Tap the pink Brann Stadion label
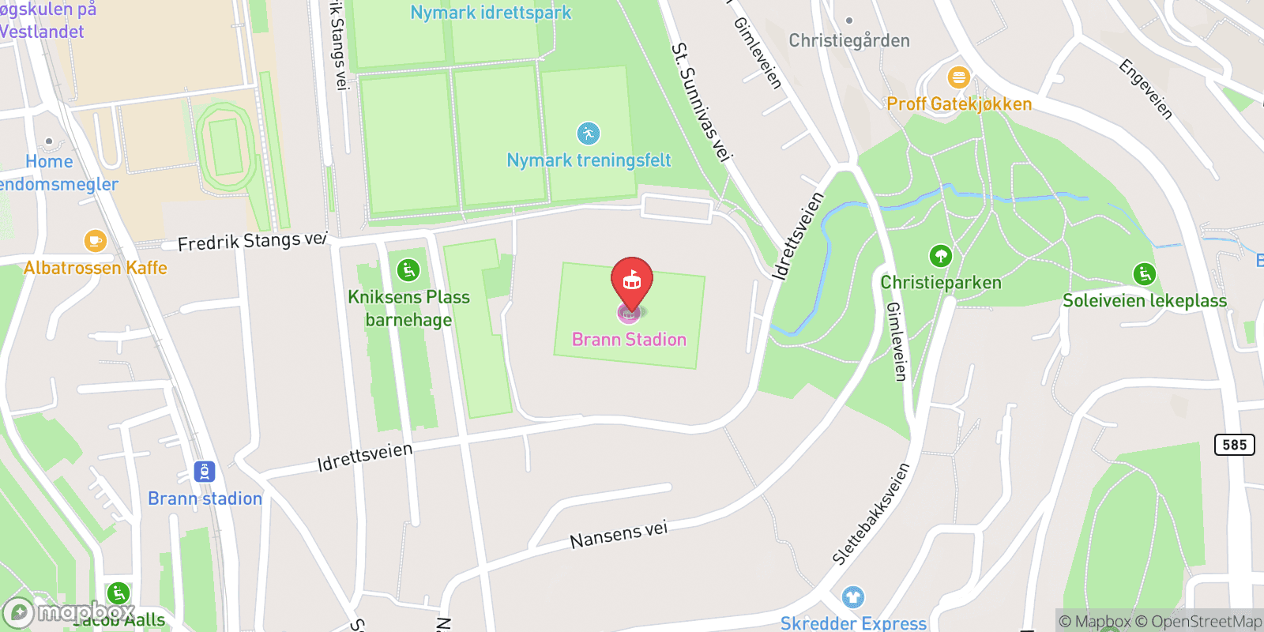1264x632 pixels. pyautogui.click(x=629, y=340)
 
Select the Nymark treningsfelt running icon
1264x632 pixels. pyautogui.click(x=588, y=134)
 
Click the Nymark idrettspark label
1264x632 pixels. pyautogui.click(x=491, y=13)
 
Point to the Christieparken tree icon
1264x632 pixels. pyautogui.click(x=940, y=256)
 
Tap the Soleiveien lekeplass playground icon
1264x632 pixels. pyautogui.click(x=1144, y=274)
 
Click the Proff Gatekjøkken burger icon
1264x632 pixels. pyautogui.click(x=958, y=77)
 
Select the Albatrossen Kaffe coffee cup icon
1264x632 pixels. pyautogui.click(x=95, y=240)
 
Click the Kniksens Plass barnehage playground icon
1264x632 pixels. pyautogui.click(x=408, y=271)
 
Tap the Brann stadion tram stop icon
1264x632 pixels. pyautogui.click(x=205, y=472)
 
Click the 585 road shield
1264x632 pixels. pyautogui.click(x=1234, y=445)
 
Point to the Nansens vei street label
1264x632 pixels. pyautogui.click(x=619, y=535)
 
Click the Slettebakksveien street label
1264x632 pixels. pyautogui.click(x=871, y=513)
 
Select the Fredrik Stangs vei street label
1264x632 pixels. pyautogui.click(x=251, y=240)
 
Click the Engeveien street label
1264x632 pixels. pyautogui.click(x=1145, y=89)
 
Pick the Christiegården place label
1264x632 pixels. pyautogui.click(x=849, y=40)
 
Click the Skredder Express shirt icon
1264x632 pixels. pyautogui.click(x=852, y=597)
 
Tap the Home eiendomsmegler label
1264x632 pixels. pyautogui.click(x=55, y=173)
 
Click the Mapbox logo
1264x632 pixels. pyautogui.click(x=69, y=612)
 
